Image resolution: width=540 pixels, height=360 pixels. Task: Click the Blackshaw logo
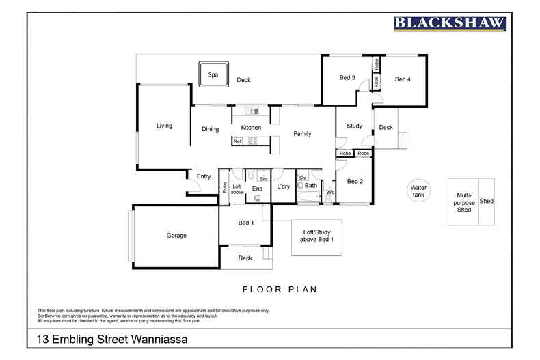(450, 23)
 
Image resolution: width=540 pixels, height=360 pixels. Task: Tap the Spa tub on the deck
(213, 74)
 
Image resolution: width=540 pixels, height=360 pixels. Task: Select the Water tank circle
(418, 191)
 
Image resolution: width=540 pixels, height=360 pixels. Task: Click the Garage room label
(176, 236)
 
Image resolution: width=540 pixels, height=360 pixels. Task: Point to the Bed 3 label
(347, 77)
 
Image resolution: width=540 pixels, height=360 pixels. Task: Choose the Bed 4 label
(403, 79)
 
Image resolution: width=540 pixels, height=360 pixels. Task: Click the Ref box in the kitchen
(237, 141)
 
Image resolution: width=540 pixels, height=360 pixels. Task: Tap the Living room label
(164, 126)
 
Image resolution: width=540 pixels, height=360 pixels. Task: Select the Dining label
(210, 129)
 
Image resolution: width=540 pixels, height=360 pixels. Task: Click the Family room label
(302, 133)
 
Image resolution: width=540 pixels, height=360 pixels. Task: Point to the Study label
(354, 126)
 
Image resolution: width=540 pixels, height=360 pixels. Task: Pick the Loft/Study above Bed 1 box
(317, 238)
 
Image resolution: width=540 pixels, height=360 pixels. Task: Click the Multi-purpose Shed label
(464, 202)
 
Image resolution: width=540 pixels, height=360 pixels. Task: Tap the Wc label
(330, 192)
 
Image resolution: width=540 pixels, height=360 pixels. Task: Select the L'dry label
(284, 186)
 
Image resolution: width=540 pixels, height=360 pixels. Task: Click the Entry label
(204, 176)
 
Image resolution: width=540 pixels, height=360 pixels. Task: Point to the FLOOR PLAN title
(280, 290)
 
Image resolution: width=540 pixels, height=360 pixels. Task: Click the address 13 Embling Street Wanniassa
(112, 340)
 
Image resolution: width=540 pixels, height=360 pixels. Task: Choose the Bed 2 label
(355, 182)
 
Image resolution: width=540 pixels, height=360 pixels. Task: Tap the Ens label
(257, 189)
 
